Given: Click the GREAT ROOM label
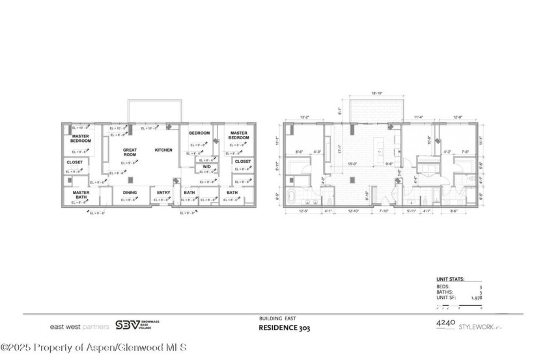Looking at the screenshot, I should pyautogui.click(x=130, y=152).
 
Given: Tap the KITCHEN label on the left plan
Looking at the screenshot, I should pyautogui.click(x=163, y=150).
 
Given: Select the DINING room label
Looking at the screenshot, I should pyautogui.click(x=130, y=193).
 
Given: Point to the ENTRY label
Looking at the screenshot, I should pyautogui.click(x=163, y=193).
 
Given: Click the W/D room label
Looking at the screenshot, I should pyautogui.click(x=206, y=167).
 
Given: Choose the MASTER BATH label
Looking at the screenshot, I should pyautogui.click(x=81, y=195).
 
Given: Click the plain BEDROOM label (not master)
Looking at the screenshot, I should pyautogui.click(x=199, y=133).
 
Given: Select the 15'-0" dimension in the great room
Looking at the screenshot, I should pyautogui.click(x=352, y=164).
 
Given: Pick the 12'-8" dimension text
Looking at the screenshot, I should pyautogui.click(x=458, y=117).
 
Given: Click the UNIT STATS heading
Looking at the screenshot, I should pyautogui.click(x=449, y=279).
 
